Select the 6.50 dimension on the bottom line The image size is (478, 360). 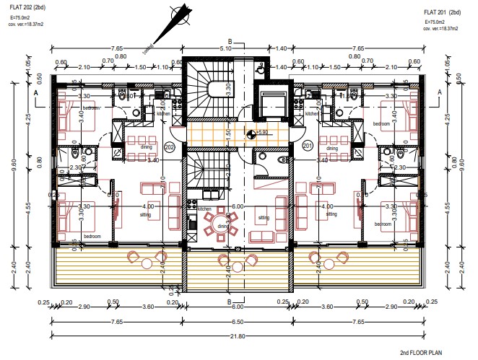[237, 322]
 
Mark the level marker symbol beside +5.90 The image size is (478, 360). [251, 133]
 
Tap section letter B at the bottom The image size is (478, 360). [230, 302]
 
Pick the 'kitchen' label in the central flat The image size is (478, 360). [205, 209]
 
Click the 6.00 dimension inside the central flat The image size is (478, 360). [237, 206]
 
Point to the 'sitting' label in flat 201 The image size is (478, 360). [331, 214]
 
